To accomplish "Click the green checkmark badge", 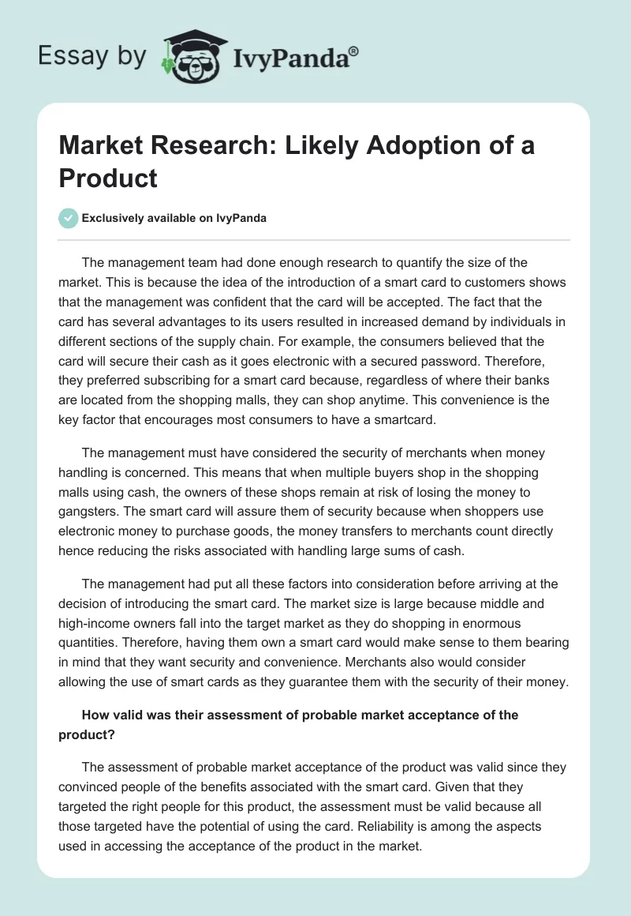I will tap(69, 218).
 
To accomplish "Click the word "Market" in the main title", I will tap(106, 146).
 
